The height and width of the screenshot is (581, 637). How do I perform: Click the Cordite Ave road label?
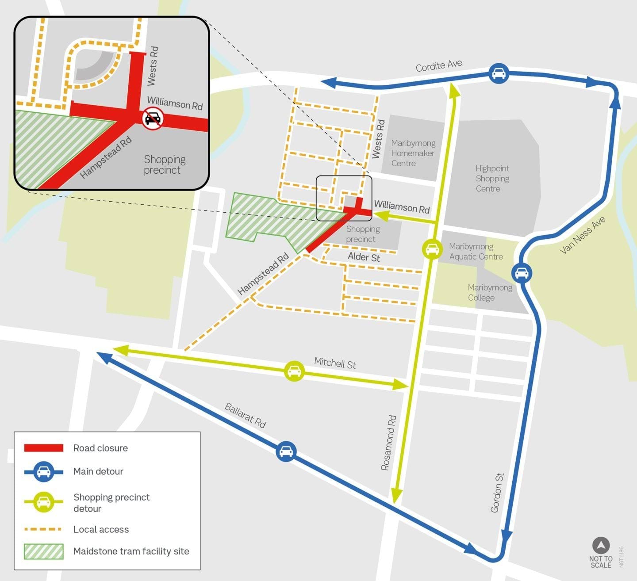pos(439,65)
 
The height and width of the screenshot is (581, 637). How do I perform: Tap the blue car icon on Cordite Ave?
pos(499,73)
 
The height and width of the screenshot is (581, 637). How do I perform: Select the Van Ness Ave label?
pos(582,235)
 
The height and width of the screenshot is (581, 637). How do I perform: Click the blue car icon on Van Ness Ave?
pos(522,273)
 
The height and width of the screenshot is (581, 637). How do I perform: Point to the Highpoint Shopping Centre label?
pos(492,179)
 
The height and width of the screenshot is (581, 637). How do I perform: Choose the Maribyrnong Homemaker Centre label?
pos(413,153)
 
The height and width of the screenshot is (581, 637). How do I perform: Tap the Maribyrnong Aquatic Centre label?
pos(476,252)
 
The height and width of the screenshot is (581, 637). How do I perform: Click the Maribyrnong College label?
pos(490,292)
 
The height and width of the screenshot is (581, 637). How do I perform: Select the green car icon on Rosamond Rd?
pos(432,249)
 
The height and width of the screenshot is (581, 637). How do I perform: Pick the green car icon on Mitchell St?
pos(294,371)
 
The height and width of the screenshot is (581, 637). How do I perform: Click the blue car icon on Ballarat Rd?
pos(286,451)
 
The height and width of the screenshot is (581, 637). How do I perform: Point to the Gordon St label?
pos(497,493)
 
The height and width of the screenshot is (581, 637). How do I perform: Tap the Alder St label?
pos(364,257)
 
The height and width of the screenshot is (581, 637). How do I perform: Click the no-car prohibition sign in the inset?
pos(153,118)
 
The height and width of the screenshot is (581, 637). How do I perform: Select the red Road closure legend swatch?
pos(43,448)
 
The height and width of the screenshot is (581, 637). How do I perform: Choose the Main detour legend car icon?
pos(43,471)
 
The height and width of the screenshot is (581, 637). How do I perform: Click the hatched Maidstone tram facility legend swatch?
pos(43,551)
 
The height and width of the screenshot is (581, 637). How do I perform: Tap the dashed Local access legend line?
pos(43,529)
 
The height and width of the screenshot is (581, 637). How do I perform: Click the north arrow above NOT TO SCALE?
pos(601,546)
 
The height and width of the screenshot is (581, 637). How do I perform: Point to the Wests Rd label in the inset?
pos(153,66)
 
